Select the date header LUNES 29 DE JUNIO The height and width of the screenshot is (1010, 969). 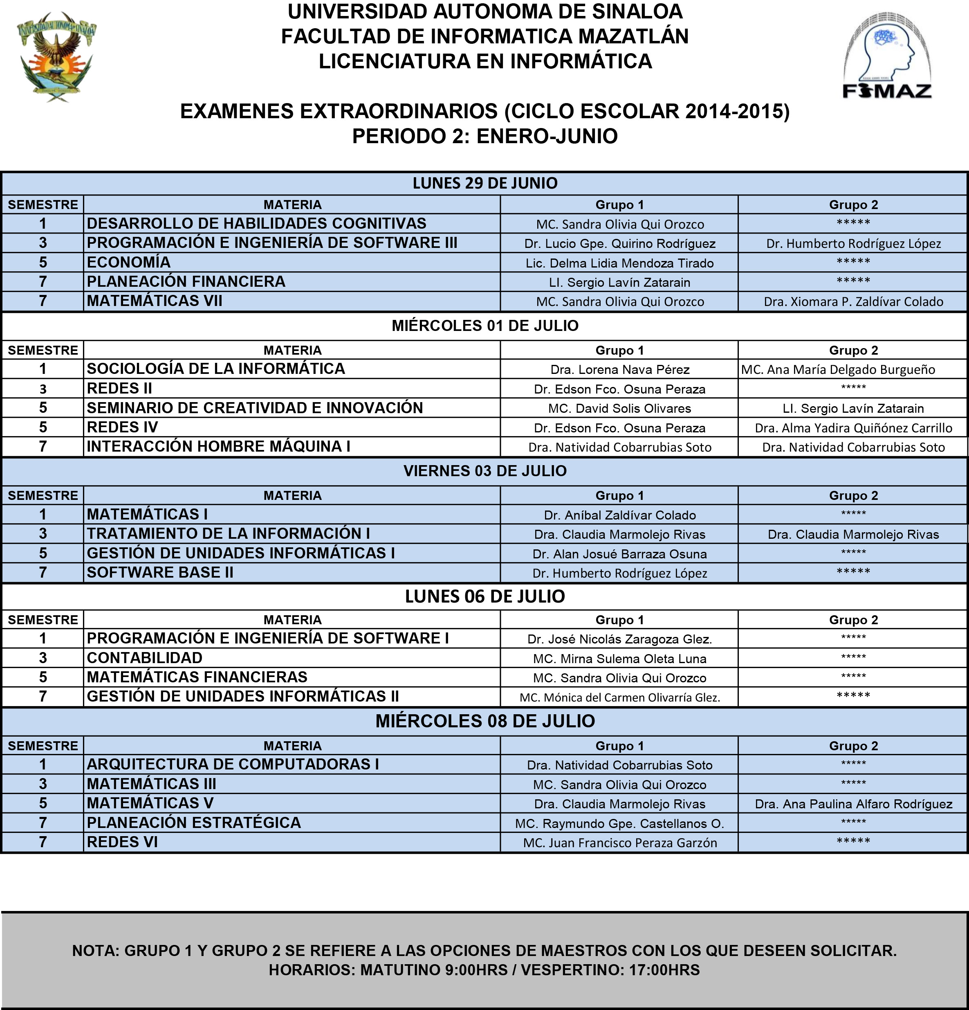[x=485, y=183]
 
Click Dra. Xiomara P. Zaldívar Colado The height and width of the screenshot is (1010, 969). [x=853, y=302]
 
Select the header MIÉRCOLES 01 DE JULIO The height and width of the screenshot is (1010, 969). [x=485, y=326]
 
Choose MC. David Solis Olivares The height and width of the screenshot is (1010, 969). [x=619, y=409]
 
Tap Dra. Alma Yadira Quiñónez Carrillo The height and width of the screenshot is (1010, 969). [x=853, y=428]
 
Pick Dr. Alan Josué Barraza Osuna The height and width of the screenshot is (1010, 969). [x=619, y=554]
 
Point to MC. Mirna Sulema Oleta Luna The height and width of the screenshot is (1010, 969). [x=619, y=659]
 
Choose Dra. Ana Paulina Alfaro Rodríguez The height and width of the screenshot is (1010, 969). [x=853, y=804]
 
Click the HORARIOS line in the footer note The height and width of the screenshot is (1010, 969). [x=484, y=970]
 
